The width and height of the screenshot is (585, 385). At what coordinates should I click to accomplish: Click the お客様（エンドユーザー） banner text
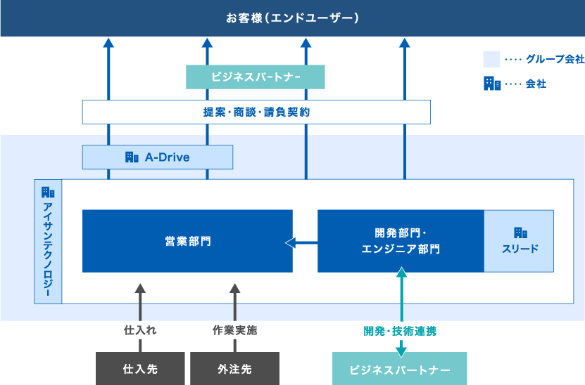(x=292, y=18)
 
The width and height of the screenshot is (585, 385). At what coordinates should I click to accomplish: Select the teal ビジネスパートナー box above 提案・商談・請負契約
(x=256, y=77)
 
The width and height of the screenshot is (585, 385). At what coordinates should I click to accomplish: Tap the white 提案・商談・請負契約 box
(x=256, y=112)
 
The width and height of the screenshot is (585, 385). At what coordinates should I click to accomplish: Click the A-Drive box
(x=158, y=157)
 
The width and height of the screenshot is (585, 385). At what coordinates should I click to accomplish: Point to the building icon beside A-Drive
(x=132, y=157)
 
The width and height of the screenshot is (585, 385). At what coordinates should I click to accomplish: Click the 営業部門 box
(x=187, y=241)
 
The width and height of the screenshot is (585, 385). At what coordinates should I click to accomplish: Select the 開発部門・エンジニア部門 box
(x=401, y=241)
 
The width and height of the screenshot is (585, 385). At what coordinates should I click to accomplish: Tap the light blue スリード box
(x=519, y=241)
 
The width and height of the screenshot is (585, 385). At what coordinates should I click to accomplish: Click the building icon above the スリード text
(x=520, y=233)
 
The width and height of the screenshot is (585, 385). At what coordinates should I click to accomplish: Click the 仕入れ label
(x=140, y=330)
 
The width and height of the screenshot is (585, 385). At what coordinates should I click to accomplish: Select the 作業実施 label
(x=234, y=330)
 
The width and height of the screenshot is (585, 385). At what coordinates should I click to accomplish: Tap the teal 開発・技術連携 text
(x=400, y=330)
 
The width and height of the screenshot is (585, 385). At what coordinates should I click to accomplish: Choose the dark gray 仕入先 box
(x=140, y=369)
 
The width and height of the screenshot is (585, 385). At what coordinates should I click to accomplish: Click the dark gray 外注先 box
(x=234, y=369)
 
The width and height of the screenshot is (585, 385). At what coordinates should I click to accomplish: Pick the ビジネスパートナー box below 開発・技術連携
(x=400, y=369)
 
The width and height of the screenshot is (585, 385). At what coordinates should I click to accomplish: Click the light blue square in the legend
(x=491, y=60)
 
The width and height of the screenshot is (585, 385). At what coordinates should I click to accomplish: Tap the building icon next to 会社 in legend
(x=491, y=84)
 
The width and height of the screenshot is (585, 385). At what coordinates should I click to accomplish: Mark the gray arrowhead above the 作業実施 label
(x=234, y=288)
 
